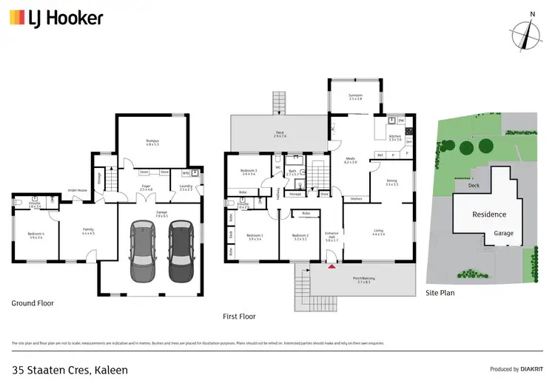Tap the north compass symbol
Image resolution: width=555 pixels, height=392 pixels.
(526, 33)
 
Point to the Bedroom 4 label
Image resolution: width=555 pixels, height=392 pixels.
(36, 234)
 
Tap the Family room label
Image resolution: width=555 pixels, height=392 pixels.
(87, 232)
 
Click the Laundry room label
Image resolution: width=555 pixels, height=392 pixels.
(186, 188)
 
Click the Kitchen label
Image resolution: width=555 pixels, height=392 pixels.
(394, 137)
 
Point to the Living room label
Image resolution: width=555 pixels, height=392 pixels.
(377, 232)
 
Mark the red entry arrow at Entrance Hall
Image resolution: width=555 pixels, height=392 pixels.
(331, 256)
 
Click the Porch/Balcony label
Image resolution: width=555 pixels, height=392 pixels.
(363, 280)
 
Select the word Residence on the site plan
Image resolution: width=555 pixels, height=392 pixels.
(489, 214)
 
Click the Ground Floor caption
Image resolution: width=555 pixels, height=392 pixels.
(33, 303)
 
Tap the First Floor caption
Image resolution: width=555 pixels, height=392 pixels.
(239, 316)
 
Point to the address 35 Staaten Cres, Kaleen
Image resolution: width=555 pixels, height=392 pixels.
(70, 369)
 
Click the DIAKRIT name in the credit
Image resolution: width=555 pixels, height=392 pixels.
(527, 369)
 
